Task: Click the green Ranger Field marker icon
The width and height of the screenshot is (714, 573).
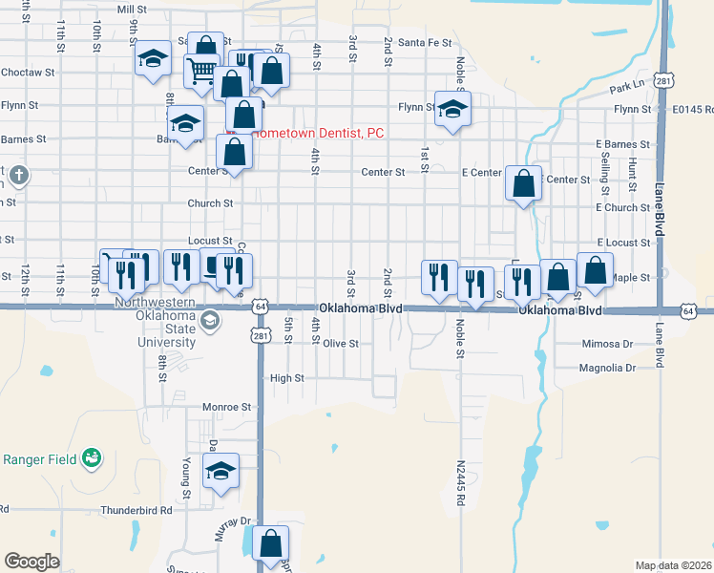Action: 91,458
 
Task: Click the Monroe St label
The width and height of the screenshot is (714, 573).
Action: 225,407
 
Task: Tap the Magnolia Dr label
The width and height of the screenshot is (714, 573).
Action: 606,367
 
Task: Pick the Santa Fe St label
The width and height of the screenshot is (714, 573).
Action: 425,42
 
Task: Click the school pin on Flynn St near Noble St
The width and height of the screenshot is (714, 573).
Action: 452,108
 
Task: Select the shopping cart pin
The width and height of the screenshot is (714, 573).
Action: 201,70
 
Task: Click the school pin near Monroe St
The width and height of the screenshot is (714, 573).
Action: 220,471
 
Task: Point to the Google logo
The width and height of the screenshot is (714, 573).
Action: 31,562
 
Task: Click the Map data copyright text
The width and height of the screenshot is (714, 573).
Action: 672,565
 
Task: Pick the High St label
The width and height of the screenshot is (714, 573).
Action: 286,378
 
